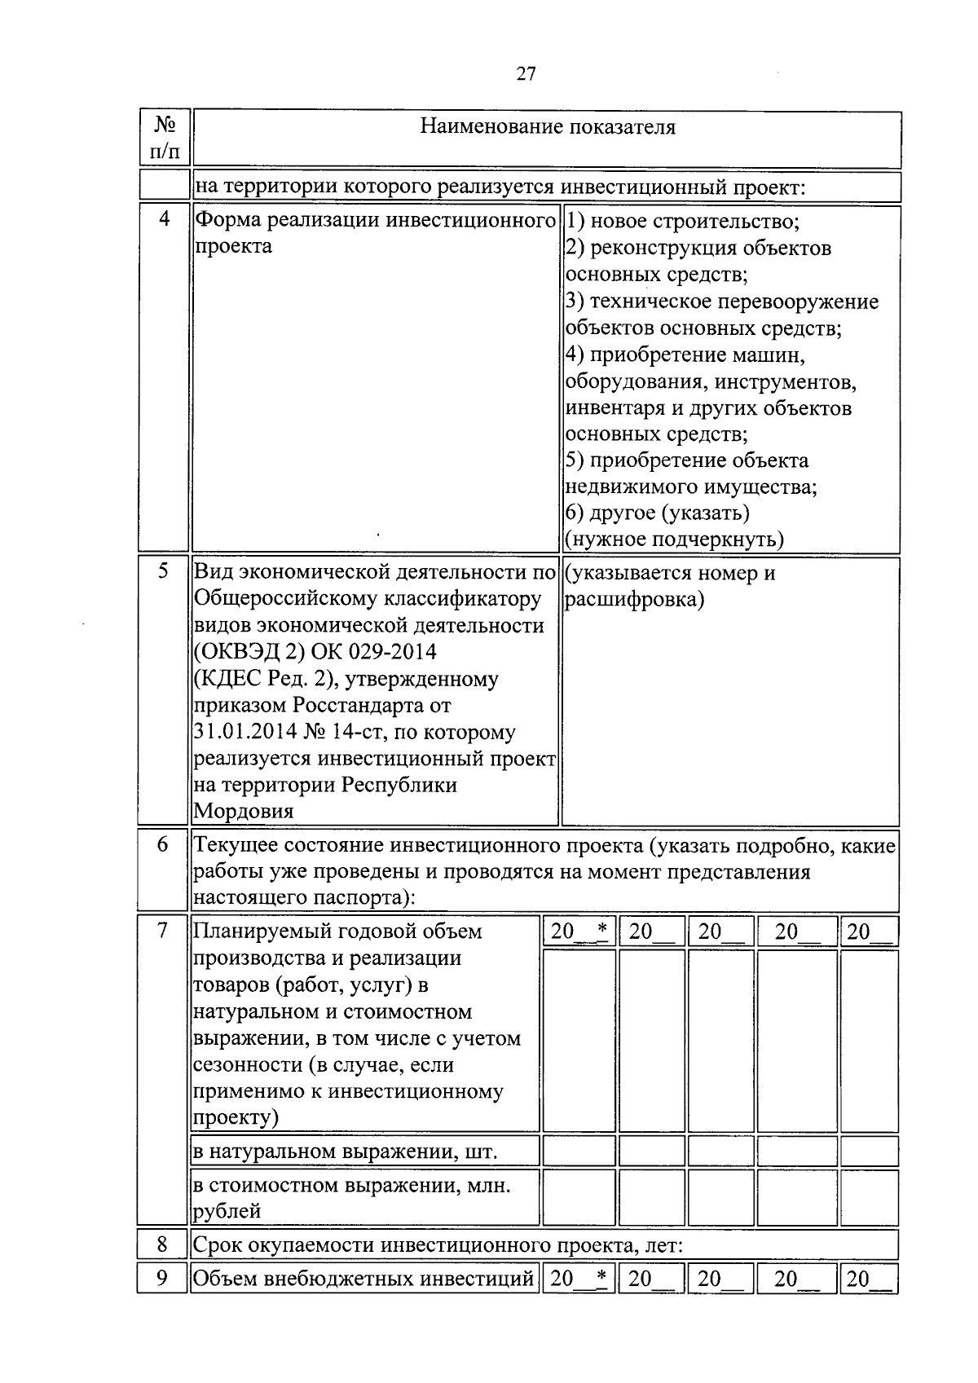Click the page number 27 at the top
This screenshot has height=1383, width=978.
point(526,74)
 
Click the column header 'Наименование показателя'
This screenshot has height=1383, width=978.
point(547,127)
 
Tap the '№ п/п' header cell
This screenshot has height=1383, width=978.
point(165,137)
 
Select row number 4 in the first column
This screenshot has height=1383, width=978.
point(165,219)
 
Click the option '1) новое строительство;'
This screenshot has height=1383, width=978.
point(682,222)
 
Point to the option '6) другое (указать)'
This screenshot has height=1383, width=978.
point(657,513)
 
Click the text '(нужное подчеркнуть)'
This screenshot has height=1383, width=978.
point(674,539)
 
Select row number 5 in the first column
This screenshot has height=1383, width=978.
point(164,571)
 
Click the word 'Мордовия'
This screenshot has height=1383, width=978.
point(243,811)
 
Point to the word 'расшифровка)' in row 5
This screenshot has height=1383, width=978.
point(633,600)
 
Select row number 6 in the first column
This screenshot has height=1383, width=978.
point(163,845)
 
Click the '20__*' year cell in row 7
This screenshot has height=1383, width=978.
point(579,932)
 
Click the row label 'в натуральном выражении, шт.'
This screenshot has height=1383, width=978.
point(344,1152)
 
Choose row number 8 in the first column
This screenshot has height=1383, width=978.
point(163,1244)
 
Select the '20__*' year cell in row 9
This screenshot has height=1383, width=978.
point(579,1279)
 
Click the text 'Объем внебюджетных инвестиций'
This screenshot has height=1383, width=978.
point(363,1279)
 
